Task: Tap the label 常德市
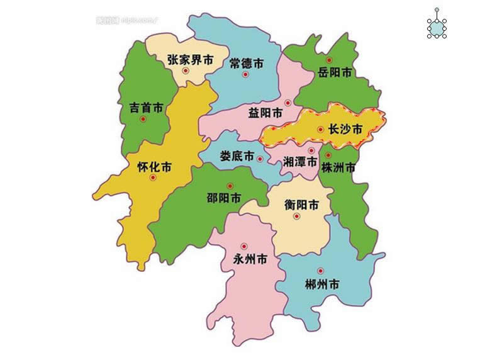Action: (245, 63)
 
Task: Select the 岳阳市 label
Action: (335, 72)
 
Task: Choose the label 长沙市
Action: (345, 130)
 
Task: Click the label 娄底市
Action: (237, 156)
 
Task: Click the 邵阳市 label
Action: (224, 198)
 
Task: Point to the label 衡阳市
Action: (301, 205)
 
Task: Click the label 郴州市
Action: (321, 284)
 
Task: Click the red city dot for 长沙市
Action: (321, 130)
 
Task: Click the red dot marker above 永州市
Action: (244, 245)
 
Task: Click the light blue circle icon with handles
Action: (437, 26)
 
